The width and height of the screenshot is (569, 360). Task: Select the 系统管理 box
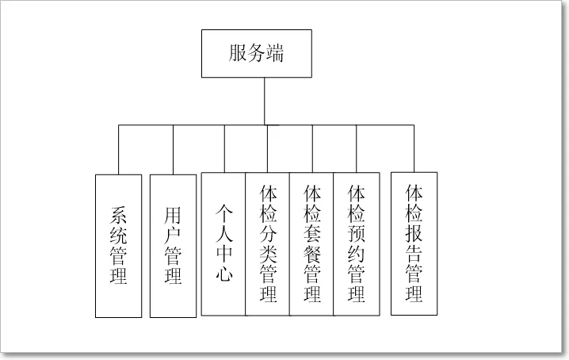(118, 246)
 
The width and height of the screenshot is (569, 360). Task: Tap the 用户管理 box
(173, 246)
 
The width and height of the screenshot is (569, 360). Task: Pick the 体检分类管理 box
(268, 244)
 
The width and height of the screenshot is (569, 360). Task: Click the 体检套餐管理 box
(311, 244)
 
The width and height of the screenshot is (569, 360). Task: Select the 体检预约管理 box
(356, 244)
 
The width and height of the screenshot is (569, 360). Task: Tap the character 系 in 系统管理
(118, 215)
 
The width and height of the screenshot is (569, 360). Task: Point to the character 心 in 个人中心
(223, 275)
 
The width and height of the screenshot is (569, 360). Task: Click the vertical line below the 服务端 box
(264, 101)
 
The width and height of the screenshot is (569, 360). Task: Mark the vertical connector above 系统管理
(118, 149)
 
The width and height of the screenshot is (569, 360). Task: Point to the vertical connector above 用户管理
(173, 149)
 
